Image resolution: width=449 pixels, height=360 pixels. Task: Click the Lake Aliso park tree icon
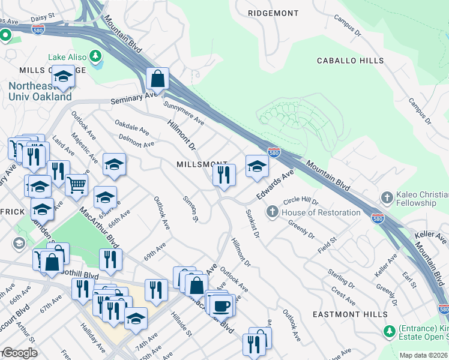(94, 56)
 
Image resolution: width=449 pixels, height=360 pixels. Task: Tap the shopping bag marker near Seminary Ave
(157, 79)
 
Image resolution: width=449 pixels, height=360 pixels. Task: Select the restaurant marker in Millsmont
(224, 176)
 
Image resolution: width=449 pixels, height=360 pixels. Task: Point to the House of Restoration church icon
(272, 212)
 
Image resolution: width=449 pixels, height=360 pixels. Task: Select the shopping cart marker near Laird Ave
(76, 185)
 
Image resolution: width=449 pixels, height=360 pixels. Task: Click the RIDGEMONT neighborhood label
(273, 13)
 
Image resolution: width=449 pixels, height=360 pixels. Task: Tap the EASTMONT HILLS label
(347, 314)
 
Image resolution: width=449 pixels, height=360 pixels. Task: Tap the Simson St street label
(190, 208)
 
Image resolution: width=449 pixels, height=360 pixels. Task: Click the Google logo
(19, 353)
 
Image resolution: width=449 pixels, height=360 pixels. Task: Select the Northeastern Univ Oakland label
(40, 91)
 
